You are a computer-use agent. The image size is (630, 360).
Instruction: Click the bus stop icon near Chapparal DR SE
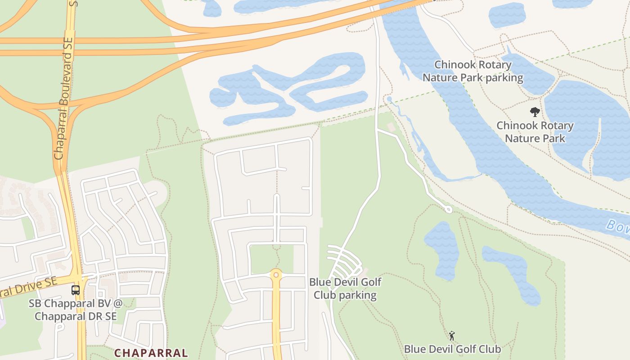76,290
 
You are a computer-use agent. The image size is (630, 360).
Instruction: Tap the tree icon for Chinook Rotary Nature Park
535,112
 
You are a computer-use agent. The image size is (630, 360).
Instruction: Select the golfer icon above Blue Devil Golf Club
452,336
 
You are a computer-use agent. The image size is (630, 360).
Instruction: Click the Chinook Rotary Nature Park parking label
472,71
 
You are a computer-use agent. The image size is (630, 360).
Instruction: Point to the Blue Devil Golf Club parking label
345,288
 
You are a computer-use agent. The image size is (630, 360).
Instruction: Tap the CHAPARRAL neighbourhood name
151,353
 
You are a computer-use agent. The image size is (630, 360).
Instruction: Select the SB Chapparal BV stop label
76,310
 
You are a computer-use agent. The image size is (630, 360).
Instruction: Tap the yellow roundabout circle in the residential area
276,274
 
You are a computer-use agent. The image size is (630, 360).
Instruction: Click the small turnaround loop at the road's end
448,209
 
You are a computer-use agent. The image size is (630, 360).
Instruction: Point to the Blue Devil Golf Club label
452,349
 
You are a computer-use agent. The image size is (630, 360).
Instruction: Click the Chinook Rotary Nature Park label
535,131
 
